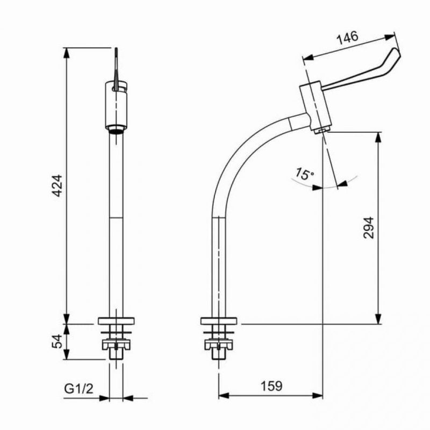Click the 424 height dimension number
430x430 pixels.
(58, 185)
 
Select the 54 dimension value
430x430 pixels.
(58, 341)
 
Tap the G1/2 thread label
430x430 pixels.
(78, 389)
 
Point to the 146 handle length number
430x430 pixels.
(347, 38)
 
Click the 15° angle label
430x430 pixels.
(304, 174)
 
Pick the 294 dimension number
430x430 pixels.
(368, 227)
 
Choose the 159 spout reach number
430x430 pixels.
(271, 386)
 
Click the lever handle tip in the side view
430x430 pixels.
(397, 52)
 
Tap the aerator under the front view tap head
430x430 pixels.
(116, 129)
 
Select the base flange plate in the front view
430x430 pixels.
(116, 321)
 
